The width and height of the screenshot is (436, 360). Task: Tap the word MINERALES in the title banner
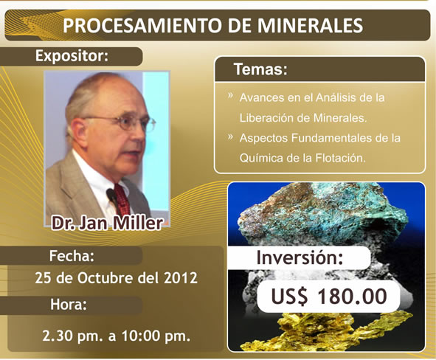click(310, 26)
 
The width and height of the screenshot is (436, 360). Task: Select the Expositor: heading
click(72, 56)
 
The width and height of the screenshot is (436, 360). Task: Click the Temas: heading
click(260, 69)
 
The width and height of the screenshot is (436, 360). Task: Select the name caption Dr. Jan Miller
click(107, 223)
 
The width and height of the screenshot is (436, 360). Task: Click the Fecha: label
click(72, 256)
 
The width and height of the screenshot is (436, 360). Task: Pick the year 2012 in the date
click(181, 277)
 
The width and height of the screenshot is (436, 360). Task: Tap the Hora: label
click(69, 305)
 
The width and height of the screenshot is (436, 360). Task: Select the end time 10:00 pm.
click(156, 336)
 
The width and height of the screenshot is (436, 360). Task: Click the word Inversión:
click(300, 257)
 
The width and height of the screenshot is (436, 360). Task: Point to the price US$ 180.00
click(329, 297)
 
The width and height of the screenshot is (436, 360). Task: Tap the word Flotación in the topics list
click(340, 158)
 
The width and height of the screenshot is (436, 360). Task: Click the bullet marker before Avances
click(230, 96)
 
